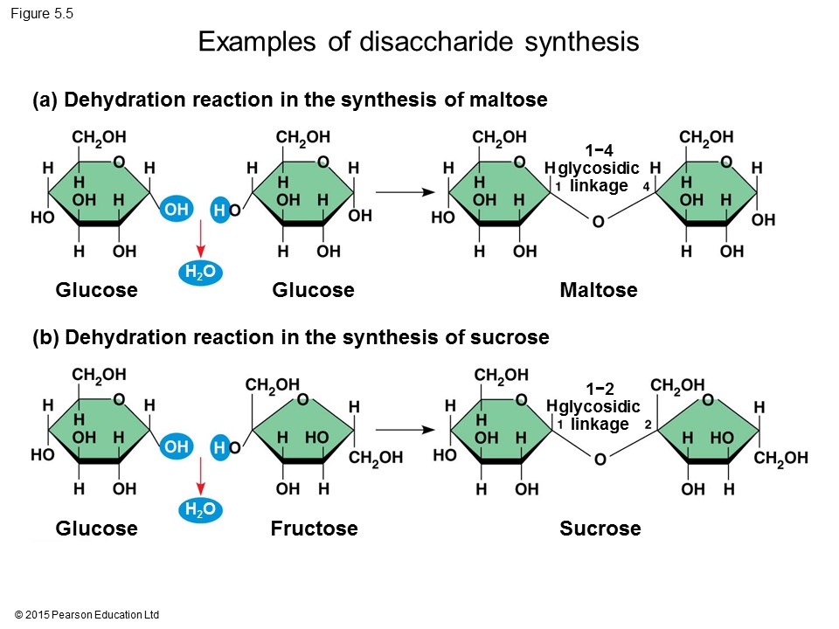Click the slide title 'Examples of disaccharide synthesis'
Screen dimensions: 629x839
419,42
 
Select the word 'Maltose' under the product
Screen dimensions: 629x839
598,290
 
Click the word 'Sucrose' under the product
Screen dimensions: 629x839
600,529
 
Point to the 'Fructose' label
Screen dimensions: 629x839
314,529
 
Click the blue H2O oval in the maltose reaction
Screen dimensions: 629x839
198,273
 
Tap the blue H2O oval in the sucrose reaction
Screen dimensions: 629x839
198,511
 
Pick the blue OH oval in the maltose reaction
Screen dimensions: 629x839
176,210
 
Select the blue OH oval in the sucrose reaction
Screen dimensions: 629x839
176,446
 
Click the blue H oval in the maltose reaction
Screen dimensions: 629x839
219,210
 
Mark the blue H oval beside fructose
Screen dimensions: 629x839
219,447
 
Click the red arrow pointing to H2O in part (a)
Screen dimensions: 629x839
199,240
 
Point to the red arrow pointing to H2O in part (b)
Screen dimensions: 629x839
199,478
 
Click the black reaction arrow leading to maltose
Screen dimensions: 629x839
405,192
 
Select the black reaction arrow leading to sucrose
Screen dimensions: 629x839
405,430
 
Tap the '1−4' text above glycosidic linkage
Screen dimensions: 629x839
600,151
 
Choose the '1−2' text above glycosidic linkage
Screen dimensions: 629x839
600,389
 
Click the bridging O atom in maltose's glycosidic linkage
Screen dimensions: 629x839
599,222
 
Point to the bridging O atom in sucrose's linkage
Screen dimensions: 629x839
600,460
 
